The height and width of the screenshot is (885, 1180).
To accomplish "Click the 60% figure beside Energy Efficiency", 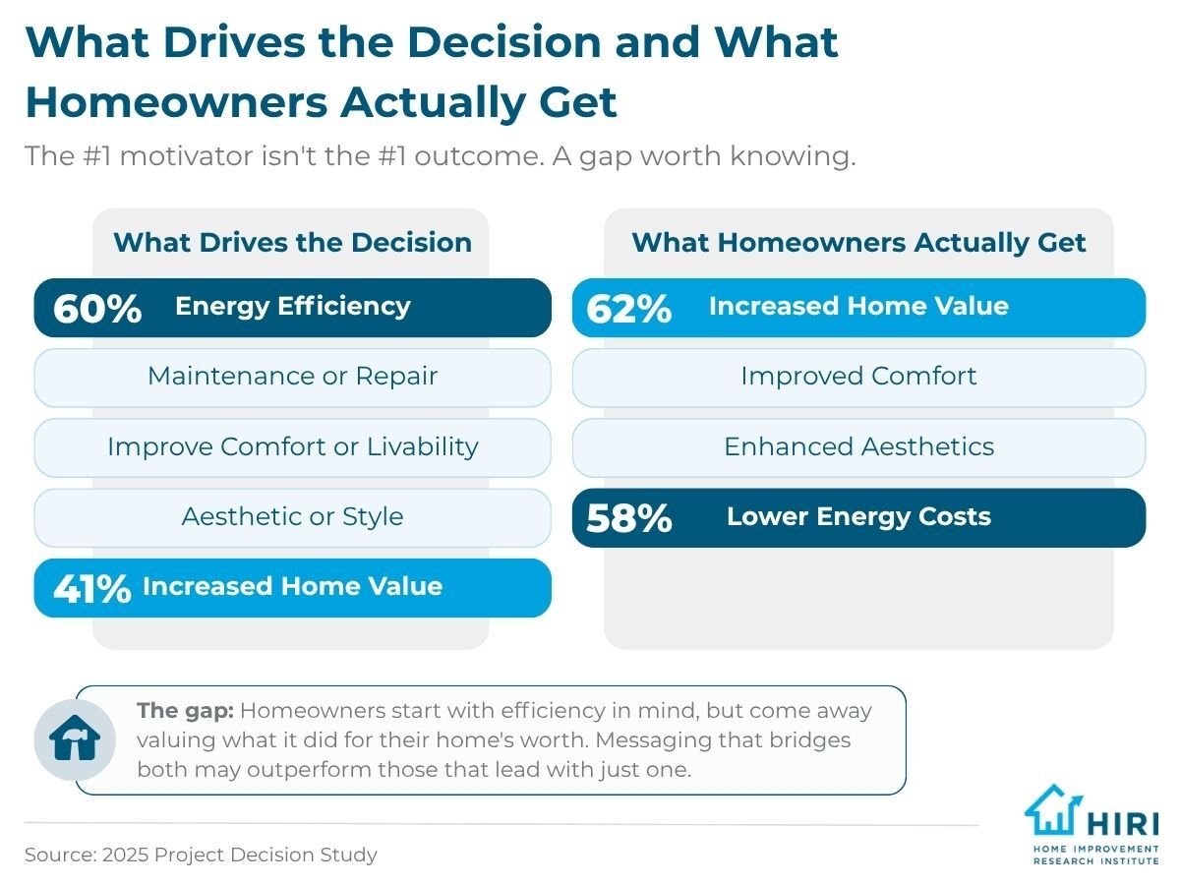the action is (x=97, y=309).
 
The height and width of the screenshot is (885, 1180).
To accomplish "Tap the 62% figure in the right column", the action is (x=628, y=309).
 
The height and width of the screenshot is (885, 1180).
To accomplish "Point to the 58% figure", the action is (x=628, y=518).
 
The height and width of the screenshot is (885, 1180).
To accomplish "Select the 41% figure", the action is (x=91, y=588).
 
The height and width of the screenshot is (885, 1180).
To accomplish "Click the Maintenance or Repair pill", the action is (x=292, y=378).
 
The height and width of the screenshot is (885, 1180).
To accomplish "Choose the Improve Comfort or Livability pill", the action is (x=292, y=447).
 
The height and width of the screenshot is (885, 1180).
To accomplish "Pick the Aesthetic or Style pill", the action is (x=292, y=517).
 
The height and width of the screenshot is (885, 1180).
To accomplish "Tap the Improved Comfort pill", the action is (x=858, y=378).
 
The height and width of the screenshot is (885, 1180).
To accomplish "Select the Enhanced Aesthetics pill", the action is (x=858, y=447).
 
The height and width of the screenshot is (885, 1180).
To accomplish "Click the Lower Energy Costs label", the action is (x=858, y=516).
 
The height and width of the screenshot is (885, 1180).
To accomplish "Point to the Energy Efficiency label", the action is (x=293, y=307).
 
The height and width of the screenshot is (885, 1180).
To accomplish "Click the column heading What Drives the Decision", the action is (x=292, y=242).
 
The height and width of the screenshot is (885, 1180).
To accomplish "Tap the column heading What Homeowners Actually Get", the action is (x=858, y=243).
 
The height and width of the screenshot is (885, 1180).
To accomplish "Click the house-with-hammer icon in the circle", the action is (x=75, y=738).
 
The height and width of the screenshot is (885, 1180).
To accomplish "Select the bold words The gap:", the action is (x=185, y=711).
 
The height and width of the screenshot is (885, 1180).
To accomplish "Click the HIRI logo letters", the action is (x=1123, y=824).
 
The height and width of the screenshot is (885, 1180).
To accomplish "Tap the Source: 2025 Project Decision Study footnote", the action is (x=201, y=855).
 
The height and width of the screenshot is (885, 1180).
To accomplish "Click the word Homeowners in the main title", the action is (x=176, y=101).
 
